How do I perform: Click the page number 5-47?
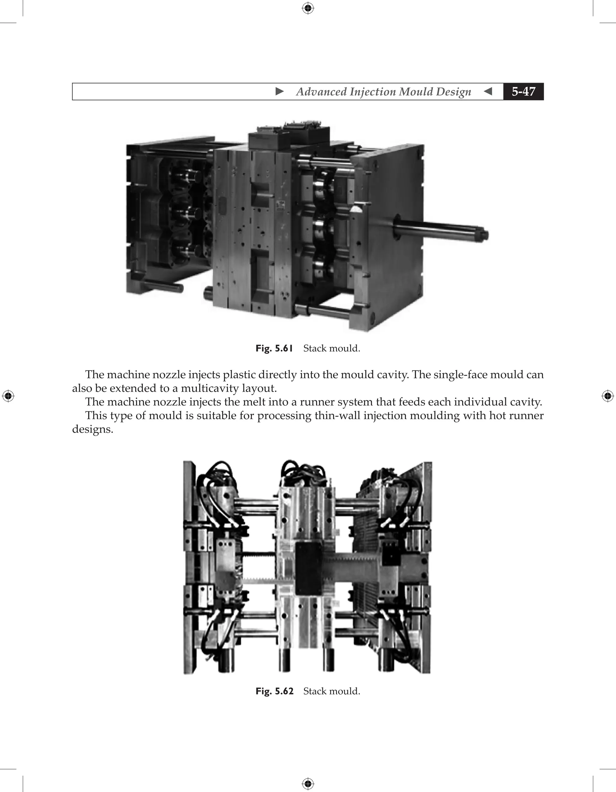click(x=523, y=91)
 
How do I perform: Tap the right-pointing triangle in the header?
click(x=279, y=91)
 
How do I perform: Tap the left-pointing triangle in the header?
click(x=488, y=91)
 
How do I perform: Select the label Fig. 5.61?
click(x=274, y=349)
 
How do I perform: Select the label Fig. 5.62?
click(x=274, y=691)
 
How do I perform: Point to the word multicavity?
click(x=211, y=388)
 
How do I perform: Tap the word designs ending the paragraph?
click(x=93, y=430)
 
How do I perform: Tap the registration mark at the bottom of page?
click(x=308, y=784)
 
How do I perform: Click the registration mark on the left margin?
click(x=8, y=396)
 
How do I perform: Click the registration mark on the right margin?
click(x=608, y=396)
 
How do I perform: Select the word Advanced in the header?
click(x=321, y=92)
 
